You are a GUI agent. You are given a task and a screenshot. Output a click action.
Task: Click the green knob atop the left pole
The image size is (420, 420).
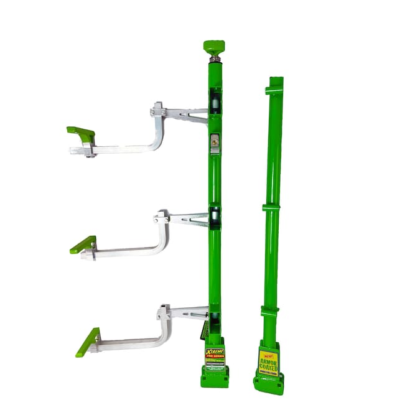click(x=213, y=47)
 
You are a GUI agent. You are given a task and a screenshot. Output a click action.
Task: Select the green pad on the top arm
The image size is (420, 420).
click(x=81, y=133)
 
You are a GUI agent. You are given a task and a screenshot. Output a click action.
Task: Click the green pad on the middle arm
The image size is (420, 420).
click(x=83, y=245)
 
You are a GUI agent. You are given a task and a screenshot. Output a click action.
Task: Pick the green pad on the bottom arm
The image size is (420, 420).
click(x=88, y=342)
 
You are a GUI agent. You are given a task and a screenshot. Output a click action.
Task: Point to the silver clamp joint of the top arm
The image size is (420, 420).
click(x=158, y=112)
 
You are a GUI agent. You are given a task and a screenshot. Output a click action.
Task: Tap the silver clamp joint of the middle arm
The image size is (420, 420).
click(x=161, y=218)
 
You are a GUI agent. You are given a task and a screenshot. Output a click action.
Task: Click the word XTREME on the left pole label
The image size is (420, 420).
click(x=214, y=352)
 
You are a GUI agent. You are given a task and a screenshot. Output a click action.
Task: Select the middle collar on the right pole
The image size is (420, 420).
click(x=271, y=207)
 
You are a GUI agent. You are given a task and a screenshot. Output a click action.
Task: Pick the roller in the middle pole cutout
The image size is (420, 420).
click(x=214, y=217)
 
